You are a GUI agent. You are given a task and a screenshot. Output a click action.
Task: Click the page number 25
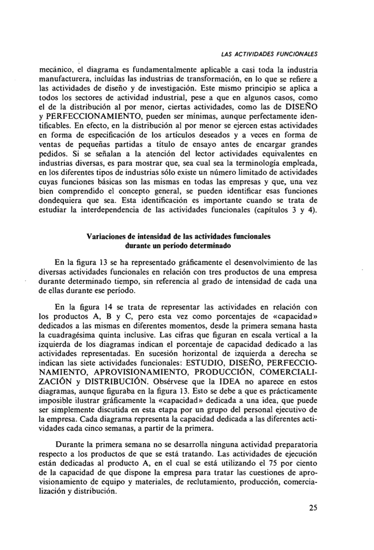point(312,509)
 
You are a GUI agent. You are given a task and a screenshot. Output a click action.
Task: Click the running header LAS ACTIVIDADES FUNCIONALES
point(269,54)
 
